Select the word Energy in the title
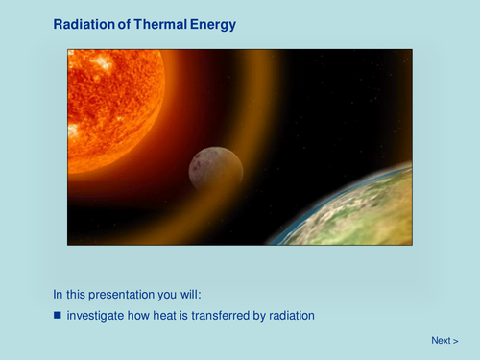click(211, 24)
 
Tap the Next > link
click(444, 341)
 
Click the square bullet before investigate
click(58, 315)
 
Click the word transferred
click(215, 315)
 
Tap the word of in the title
click(122, 24)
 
